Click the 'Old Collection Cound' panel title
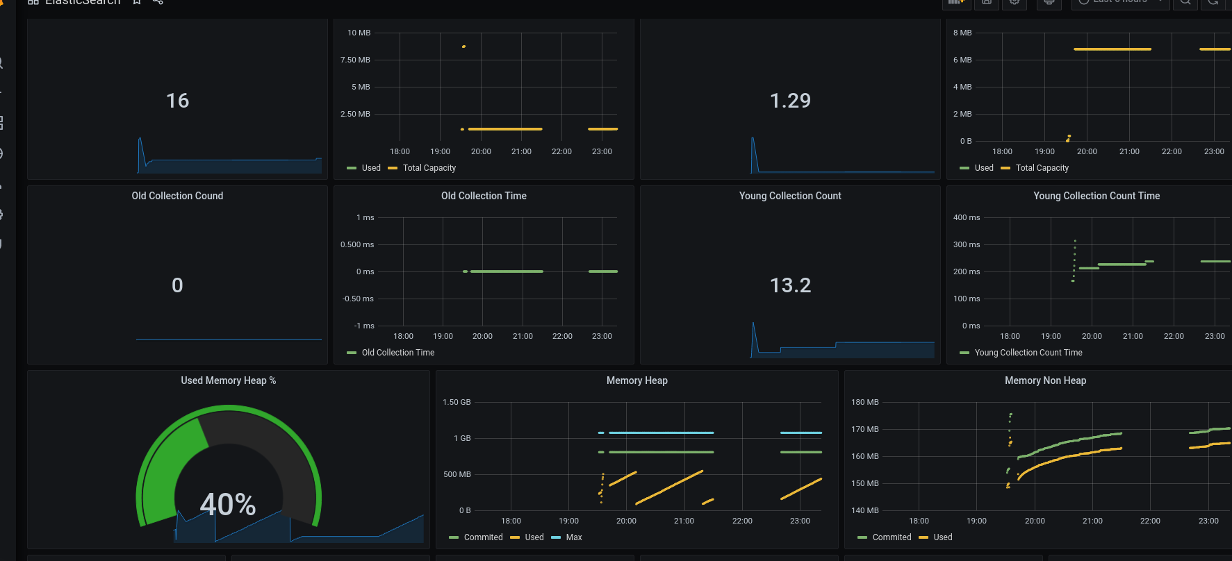[177, 196]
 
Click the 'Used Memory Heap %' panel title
[228, 380]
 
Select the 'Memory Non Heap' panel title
[1045, 380]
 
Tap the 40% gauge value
[228, 504]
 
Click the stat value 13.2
[790, 285]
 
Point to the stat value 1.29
[790, 101]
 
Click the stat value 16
[177, 101]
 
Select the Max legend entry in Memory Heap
[573, 537]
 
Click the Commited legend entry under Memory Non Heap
[891, 537]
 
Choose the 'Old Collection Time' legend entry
[397, 353]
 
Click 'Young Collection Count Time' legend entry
[1028, 353]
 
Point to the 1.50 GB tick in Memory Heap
[457, 402]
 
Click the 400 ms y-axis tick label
[966, 217]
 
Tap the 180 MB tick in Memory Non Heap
[864, 402]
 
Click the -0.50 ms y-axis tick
[358, 299]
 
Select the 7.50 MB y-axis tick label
[355, 60]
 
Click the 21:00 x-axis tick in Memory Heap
[684, 521]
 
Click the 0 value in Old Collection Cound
[177, 285]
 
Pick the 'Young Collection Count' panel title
[790, 196]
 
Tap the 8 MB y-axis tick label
[962, 33]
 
